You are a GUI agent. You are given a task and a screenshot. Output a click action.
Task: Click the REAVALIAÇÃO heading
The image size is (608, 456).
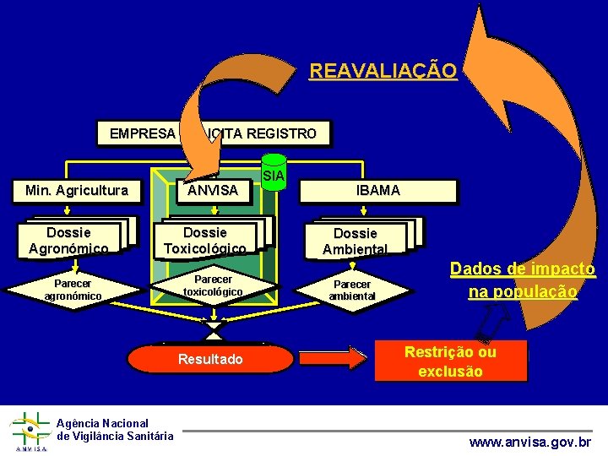point(383,71)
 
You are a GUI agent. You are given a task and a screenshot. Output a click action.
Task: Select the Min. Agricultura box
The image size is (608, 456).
point(78,191)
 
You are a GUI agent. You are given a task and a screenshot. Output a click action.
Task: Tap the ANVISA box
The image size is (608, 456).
point(213,191)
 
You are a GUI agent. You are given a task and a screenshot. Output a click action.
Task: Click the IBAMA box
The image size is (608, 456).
point(378,191)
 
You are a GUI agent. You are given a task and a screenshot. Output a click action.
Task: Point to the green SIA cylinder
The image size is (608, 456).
point(273,175)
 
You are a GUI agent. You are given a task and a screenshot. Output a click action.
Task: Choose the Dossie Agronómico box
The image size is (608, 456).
point(68,240)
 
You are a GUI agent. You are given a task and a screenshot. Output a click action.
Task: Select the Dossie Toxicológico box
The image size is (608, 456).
point(205,240)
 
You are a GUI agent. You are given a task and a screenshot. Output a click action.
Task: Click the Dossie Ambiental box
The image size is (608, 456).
point(355,241)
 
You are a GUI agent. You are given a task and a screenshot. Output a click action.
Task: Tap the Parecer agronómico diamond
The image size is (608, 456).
point(73,290)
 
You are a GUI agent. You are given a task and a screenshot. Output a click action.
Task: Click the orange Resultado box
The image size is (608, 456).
point(210,359)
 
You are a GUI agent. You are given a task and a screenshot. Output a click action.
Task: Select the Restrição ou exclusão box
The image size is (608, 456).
point(450,361)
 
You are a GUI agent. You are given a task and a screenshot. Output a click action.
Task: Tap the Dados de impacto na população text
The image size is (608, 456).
point(523,280)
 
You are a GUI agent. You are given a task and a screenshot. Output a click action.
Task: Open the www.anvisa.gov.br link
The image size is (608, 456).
point(530,442)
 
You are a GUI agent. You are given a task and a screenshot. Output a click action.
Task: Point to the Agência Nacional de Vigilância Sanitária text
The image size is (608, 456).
point(115,429)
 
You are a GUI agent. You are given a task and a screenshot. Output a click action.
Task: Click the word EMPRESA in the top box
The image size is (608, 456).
point(143,133)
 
